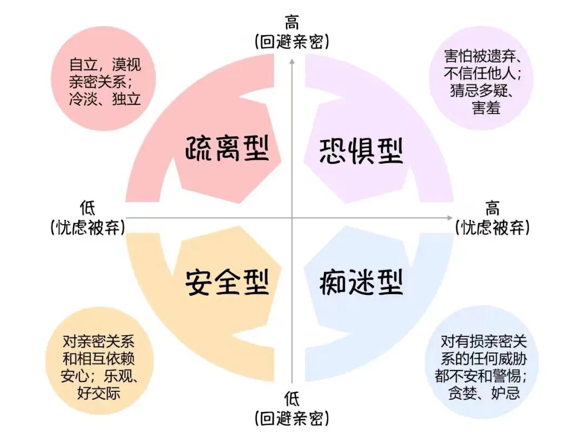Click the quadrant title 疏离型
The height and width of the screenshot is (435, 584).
[227, 148]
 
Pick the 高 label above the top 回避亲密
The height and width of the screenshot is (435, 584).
[292, 24]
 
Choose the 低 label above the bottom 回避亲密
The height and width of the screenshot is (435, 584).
[292, 399]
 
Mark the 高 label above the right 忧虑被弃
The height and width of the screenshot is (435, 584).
[493, 208]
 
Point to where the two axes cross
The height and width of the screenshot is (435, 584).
[292, 218]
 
